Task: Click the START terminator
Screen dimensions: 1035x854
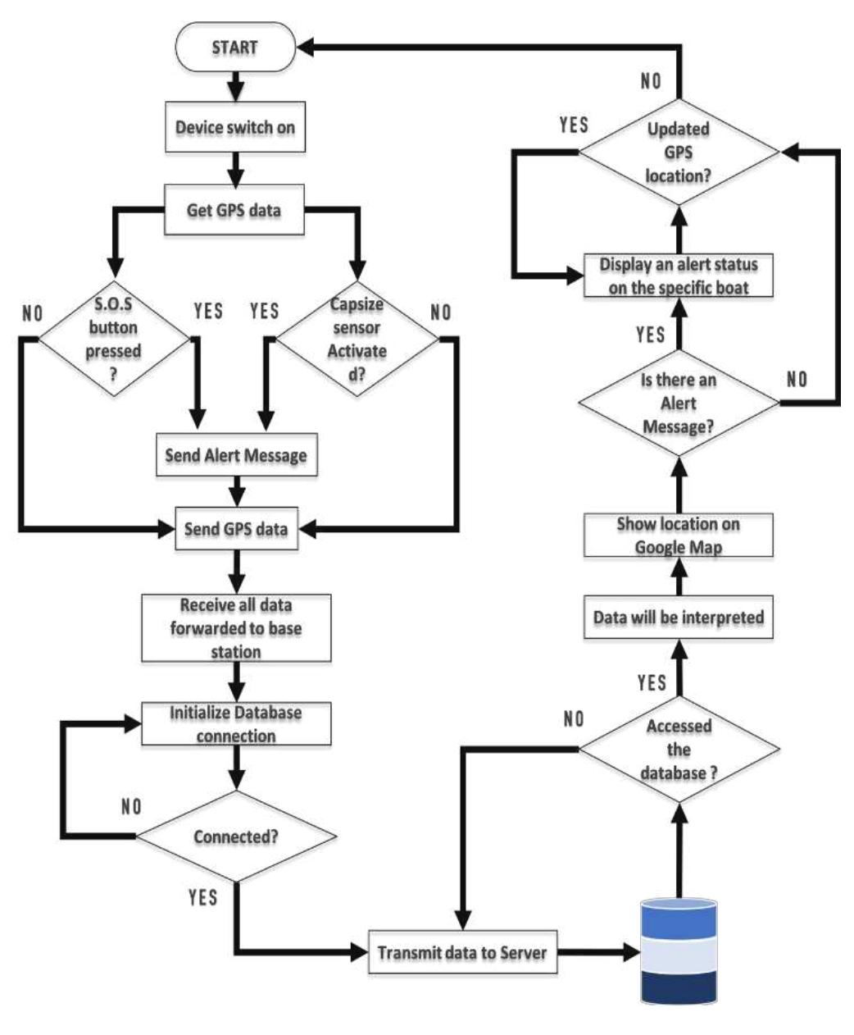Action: [234, 48]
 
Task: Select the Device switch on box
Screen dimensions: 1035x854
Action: [235, 128]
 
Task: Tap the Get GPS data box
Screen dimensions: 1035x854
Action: [235, 210]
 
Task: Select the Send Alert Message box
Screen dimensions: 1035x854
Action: [236, 455]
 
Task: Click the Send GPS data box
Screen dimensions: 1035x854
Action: [236, 529]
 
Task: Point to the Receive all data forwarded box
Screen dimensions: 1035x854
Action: [236, 628]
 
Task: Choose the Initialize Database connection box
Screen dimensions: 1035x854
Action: [236, 723]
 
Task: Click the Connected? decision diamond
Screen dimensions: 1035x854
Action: [236, 837]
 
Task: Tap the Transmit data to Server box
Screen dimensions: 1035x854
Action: [462, 953]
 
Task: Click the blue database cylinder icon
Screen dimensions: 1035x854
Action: [679, 951]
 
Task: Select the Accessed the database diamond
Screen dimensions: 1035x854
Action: [679, 749]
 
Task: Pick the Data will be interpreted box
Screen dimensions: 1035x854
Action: [679, 617]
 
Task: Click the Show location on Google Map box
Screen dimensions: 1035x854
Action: [679, 535]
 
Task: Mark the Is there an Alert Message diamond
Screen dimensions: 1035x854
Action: [679, 403]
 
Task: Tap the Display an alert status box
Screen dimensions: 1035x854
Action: [679, 276]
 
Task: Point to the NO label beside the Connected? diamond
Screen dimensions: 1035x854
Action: [131, 807]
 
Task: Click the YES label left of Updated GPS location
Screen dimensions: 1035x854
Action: [574, 125]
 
